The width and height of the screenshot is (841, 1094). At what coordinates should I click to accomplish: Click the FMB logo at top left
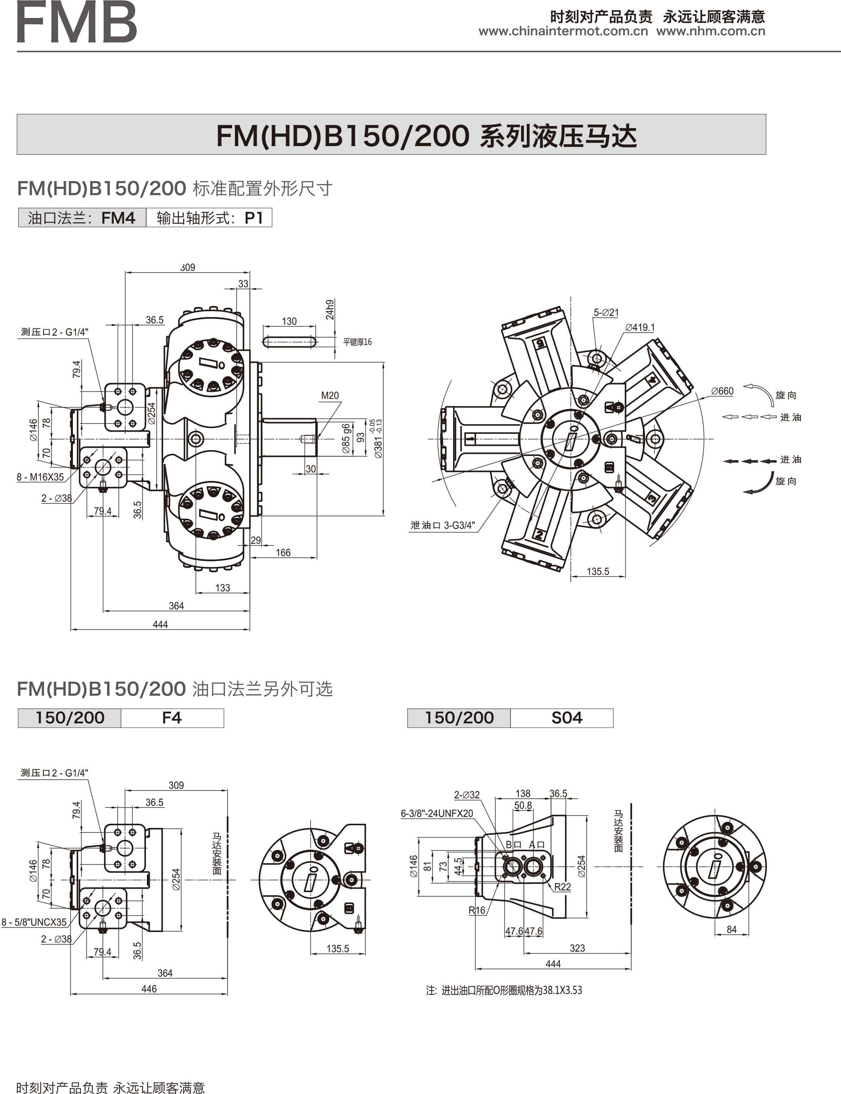tap(76, 22)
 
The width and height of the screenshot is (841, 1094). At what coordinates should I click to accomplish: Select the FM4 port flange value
tap(118, 218)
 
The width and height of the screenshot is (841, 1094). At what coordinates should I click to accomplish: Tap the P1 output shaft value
tap(254, 218)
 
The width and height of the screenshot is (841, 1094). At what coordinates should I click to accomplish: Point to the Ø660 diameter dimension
tap(722, 391)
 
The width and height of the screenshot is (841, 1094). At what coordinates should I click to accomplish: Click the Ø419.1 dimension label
tap(640, 327)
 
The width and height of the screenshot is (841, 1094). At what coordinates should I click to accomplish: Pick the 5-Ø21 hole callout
tap(606, 313)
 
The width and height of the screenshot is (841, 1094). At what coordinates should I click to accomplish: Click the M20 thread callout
tap(330, 396)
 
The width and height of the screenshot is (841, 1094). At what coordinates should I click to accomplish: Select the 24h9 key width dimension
tap(330, 309)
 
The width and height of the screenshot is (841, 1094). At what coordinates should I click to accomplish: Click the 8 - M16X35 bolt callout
tap(41, 477)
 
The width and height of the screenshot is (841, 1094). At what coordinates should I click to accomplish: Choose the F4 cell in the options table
tap(172, 718)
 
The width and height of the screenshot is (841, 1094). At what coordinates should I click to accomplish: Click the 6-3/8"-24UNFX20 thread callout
tap(437, 814)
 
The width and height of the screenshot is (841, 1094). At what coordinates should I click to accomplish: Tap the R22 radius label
tap(562, 887)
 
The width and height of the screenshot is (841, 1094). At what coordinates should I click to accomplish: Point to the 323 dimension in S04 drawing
tap(577, 948)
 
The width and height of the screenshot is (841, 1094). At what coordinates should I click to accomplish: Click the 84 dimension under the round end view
tap(731, 929)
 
